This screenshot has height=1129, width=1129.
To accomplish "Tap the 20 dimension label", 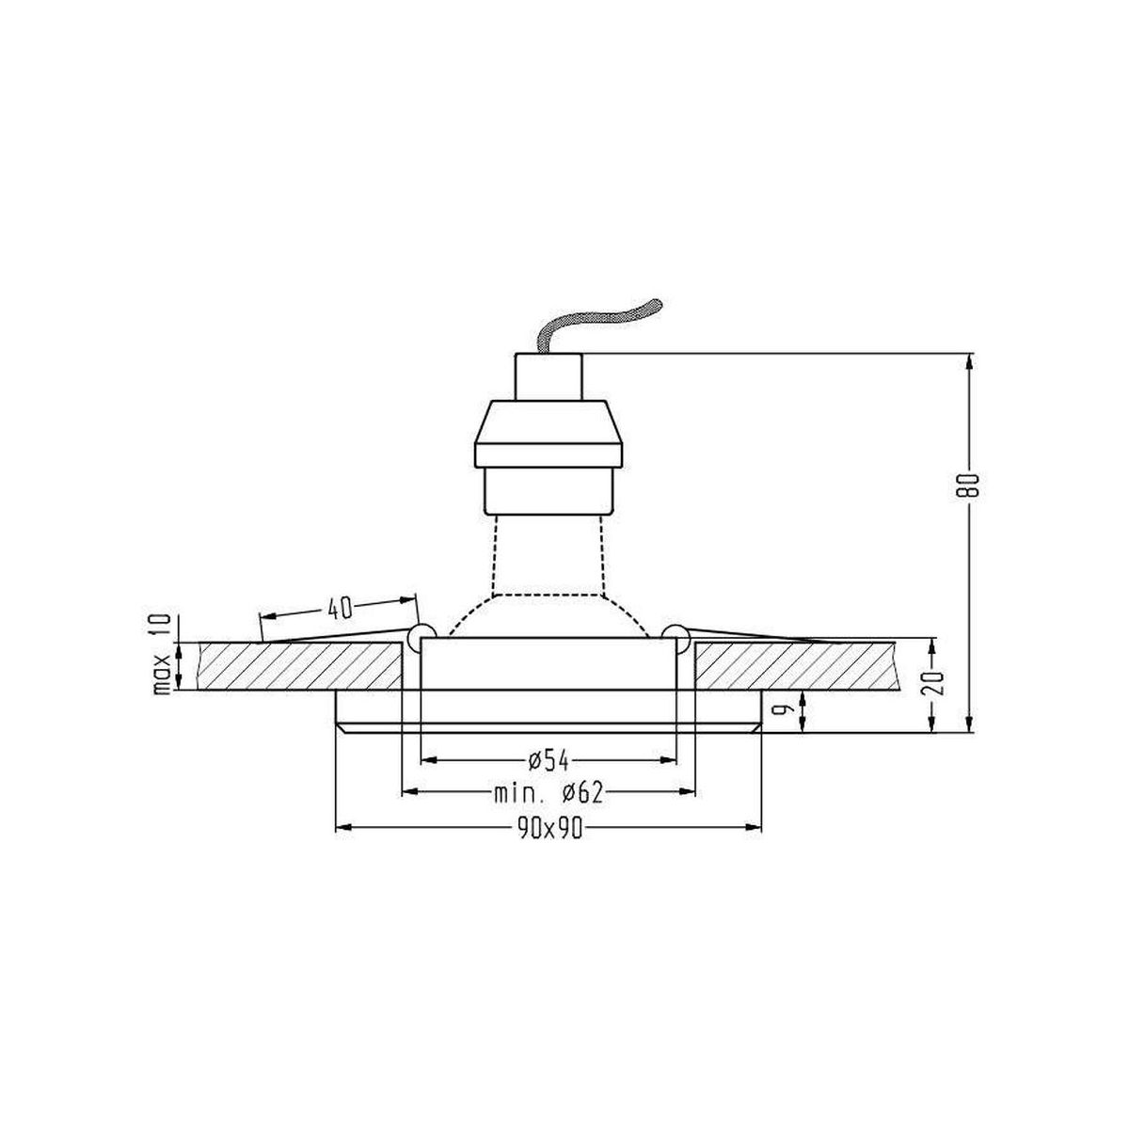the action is tap(932, 681).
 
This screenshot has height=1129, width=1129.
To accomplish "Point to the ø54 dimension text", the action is tap(549, 760).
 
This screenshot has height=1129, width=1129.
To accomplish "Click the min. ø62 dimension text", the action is tap(549, 793).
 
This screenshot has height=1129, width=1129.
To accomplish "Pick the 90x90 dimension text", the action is tap(549, 829).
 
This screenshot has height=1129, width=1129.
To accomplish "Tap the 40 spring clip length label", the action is tap(340, 610).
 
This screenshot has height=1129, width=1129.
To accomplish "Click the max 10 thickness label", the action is tap(161, 655).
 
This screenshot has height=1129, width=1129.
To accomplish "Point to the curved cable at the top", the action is tap(603, 326).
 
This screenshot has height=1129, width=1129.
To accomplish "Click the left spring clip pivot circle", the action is tap(421, 636).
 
